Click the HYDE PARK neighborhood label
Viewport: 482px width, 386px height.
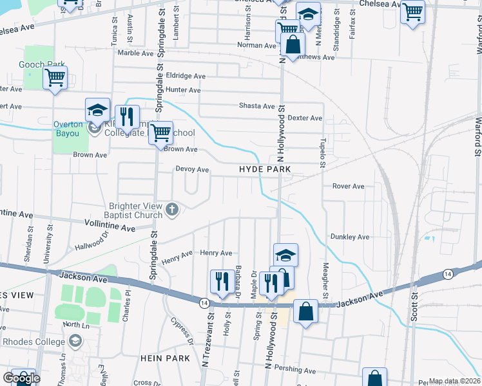pyautogui.click(x=265, y=169)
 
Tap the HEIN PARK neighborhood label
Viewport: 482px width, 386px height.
pyautogui.click(x=168, y=358)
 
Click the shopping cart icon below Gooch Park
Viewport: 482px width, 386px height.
pyautogui.click(x=55, y=78)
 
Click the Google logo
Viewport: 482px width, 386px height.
pyautogui.click(x=21, y=378)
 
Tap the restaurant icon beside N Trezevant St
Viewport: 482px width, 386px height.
pyautogui.click(x=220, y=281)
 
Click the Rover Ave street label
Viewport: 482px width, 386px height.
pyautogui.click(x=348, y=187)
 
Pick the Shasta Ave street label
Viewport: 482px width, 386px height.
pyautogui.click(x=256, y=106)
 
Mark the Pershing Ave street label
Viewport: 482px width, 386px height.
pyautogui.click(x=298, y=370)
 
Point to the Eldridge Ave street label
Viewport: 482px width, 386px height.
pyautogui.click(x=185, y=76)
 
